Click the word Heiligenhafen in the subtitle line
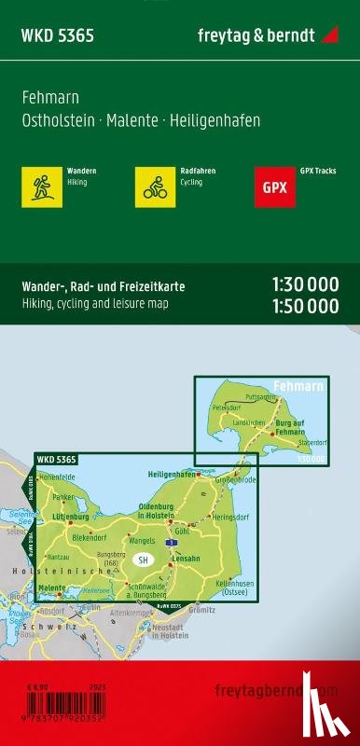216,120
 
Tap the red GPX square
275,186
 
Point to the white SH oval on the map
143,560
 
